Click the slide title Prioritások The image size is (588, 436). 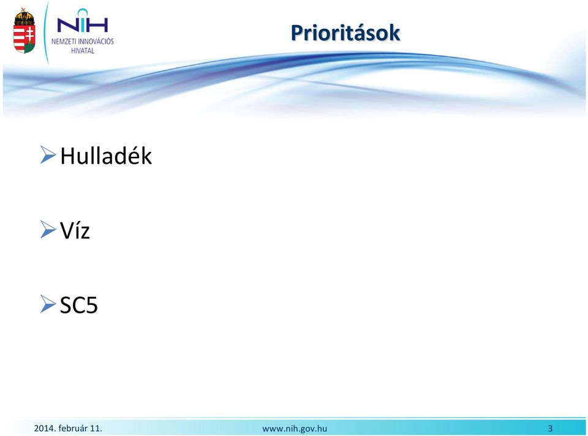pyautogui.click(x=345, y=34)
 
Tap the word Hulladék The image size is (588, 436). pyautogui.click(x=106, y=155)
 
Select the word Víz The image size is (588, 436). pyautogui.click(x=75, y=229)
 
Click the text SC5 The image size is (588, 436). pyautogui.click(x=79, y=305)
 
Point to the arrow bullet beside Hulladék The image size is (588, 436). pyautogui.click(x=48, y=155)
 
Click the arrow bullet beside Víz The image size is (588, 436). pyautogui.click(x=48, y=229)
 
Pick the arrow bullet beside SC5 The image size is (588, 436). pyautogui.click(x=48, y=304)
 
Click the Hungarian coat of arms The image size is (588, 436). pyautogui.click(x=24, y=31)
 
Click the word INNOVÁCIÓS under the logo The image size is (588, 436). pyautogui.click(x=96, y=41)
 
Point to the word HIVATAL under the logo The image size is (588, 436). pyautogui.click(x=83, y=51)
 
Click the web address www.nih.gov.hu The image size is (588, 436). pyautogui.click(x=295, y=429)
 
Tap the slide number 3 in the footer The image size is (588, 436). pyautogui.click(x=551, y=428)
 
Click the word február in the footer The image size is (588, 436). pyautogui.click(x=73, y=428)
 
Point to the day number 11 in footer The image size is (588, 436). pyautogui.click(x=96, y=428)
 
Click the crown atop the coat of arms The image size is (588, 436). pyautogui.click(x=24, y=16)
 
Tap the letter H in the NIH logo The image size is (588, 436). pyautogui.click(x=97, y=25)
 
